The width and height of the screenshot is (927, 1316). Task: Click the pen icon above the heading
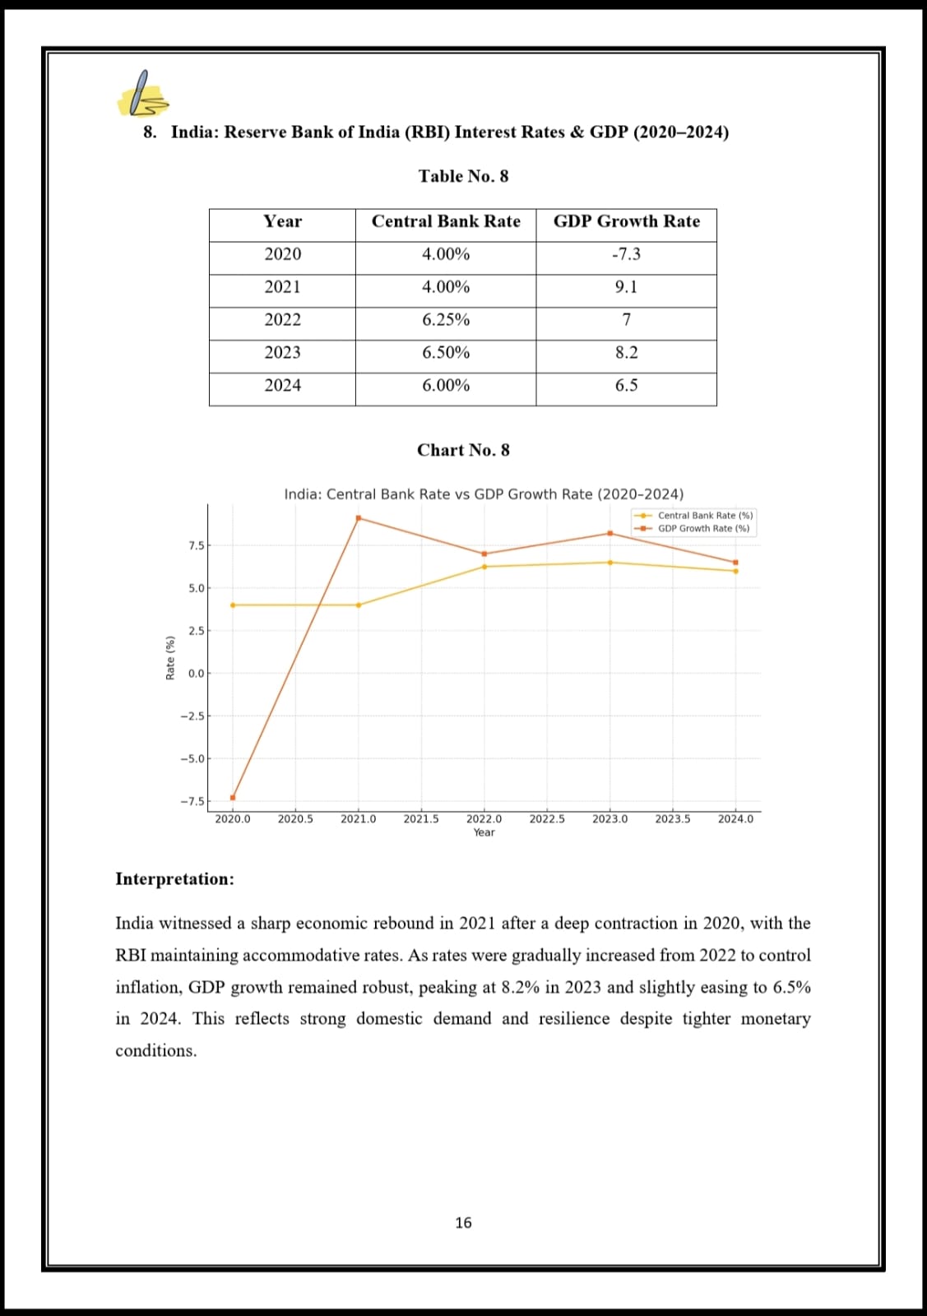143,94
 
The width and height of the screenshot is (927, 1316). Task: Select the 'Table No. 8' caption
463,176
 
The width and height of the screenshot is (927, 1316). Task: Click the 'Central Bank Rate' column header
446,221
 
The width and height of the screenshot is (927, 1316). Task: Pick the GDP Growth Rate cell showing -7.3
626,254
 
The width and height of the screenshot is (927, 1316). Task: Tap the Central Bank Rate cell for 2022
446,320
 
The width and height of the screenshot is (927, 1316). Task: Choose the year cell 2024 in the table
282,385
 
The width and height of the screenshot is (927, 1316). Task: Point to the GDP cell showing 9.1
626,287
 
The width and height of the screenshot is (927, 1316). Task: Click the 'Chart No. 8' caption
463,450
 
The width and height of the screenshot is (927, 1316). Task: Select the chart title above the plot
484,494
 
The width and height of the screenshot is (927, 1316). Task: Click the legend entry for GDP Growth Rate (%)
703,528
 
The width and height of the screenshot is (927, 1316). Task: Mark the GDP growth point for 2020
233,797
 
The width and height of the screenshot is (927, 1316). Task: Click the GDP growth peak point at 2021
359,518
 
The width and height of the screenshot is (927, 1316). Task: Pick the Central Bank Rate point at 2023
610,563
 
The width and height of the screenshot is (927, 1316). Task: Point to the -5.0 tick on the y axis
195,758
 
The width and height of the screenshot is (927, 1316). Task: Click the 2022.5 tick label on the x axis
547,819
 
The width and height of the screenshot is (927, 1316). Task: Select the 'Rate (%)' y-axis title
170,657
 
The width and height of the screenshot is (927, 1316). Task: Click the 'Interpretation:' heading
174,879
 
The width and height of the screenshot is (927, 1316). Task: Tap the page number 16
463,1223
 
